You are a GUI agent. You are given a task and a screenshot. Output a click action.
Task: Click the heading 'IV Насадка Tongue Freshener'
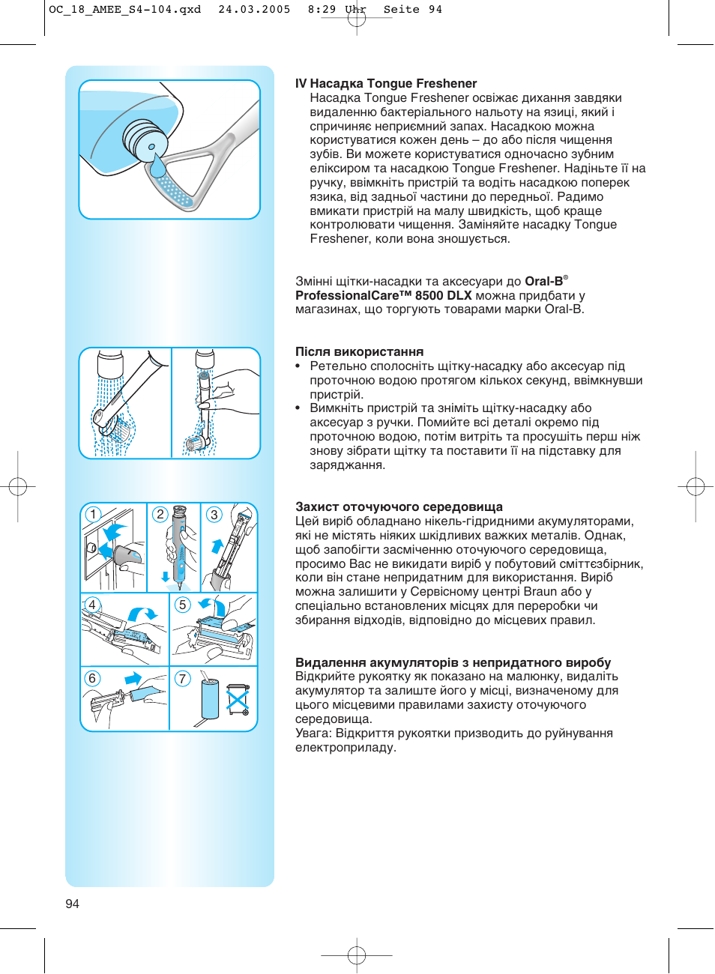click(385, 84)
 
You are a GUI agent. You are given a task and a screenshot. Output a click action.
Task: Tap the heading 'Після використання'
click(359, 352)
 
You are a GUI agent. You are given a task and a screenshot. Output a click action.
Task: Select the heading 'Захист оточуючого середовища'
click(399, 507)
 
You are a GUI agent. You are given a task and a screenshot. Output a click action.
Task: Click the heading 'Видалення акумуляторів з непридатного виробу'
click(453, 663)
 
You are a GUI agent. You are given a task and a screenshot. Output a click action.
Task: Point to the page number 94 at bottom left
click(72, 904)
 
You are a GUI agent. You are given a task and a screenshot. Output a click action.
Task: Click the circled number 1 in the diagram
click(93, 514)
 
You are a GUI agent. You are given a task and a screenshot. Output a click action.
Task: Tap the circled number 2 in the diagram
click(160, 514)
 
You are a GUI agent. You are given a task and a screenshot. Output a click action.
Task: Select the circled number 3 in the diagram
click(214, 515)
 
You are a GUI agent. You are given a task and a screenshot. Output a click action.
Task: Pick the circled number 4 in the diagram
click(92, 605)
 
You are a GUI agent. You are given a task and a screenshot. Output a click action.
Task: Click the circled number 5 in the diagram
click(182, 605)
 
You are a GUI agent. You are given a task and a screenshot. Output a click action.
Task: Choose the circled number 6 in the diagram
click(92, 678)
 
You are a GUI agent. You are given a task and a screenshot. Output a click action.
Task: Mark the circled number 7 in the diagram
click(182, 679)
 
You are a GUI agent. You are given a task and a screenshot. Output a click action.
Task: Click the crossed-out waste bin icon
click(238, 699)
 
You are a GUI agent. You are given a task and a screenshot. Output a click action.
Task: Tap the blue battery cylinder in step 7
click(210, 700)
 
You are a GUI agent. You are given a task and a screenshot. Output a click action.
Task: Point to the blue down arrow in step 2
click(166, 578)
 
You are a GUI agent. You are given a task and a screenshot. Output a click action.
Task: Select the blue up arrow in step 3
click(217, 545)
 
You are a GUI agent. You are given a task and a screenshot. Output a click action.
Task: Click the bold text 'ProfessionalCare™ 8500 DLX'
click(383, 296)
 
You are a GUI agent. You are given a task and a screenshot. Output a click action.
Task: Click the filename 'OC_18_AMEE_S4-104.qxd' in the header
click(124, 10)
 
